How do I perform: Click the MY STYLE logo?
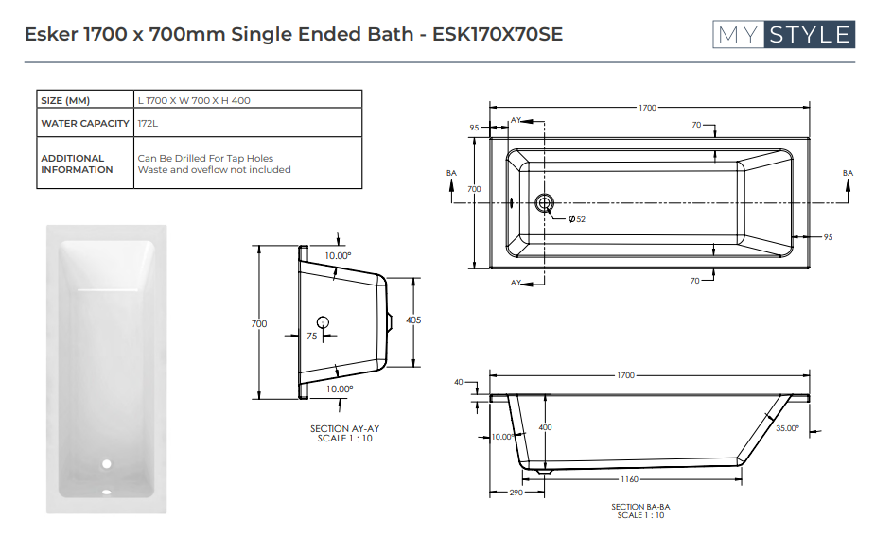coord(783,35)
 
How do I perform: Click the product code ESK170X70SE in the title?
coord(497,35)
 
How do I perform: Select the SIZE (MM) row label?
coord(65,100)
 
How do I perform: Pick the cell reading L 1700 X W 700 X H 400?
coord(194,100)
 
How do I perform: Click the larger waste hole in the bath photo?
coord(107,464)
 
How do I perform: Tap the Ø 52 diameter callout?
coord(576,219)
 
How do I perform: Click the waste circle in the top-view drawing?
coord(545,202)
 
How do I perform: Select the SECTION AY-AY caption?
coord(344,428)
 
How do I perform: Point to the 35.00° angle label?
coord(787,428)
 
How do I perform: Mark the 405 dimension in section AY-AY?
coord(412,320)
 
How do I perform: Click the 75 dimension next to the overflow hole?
coord(312,335)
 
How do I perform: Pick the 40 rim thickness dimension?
coord(459,383)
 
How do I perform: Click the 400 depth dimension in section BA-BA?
coord(545,428)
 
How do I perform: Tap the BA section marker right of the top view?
coord(848,173)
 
